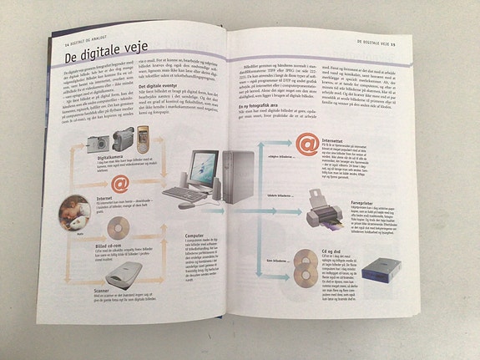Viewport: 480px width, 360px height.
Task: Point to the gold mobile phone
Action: point(143,134)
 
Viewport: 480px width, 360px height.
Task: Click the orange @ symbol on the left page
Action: point(120,181)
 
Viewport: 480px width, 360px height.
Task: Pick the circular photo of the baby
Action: point(74,212)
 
